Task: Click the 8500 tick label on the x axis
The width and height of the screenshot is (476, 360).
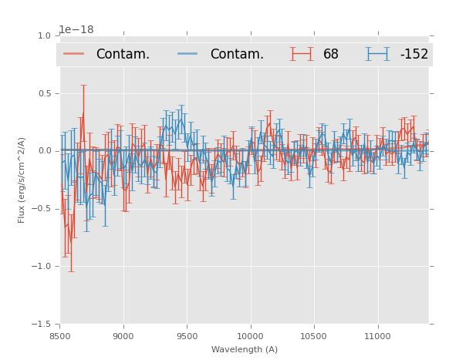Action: [60, 336]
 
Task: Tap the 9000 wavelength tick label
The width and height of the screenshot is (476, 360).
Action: [123, 336]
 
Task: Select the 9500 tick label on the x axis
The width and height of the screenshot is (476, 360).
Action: [187, 336]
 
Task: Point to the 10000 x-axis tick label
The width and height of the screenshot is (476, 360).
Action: [250, 336]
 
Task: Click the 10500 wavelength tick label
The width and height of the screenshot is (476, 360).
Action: [313, 336]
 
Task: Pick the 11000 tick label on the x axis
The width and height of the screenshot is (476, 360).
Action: [376, 336]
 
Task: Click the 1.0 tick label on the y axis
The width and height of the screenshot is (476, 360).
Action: [44, 35]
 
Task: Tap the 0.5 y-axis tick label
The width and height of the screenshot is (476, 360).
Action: [44, 93]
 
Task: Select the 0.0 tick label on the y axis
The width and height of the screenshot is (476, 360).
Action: [44, 151]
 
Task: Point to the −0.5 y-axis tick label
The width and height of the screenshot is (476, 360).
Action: [42, 209]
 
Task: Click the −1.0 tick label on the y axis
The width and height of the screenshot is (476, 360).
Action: [42, 267]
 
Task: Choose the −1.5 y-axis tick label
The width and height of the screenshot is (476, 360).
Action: [42, 325]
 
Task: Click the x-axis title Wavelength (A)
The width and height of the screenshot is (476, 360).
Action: [245, 349]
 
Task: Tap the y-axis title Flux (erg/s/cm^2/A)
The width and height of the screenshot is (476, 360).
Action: [22, 180]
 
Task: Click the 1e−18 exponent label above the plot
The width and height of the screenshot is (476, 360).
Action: [76, 29]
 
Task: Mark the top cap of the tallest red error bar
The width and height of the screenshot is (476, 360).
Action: [83, 85]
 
